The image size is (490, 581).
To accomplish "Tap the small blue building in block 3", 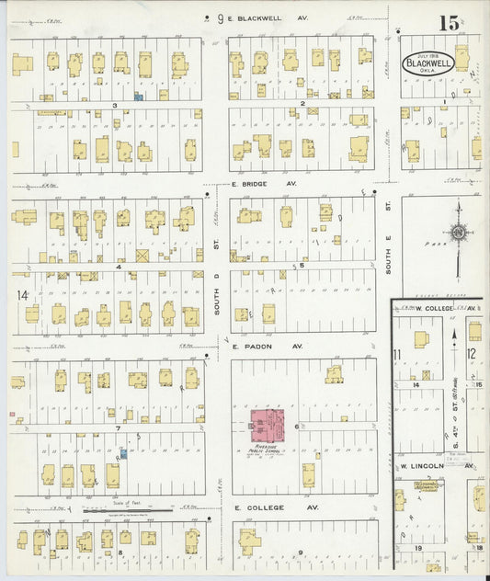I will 138,95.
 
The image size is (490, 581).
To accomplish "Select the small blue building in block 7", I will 122,452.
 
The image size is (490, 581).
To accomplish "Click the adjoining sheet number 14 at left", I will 22,295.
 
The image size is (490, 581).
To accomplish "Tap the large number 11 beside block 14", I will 397,355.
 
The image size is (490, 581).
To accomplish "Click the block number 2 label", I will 302,104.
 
